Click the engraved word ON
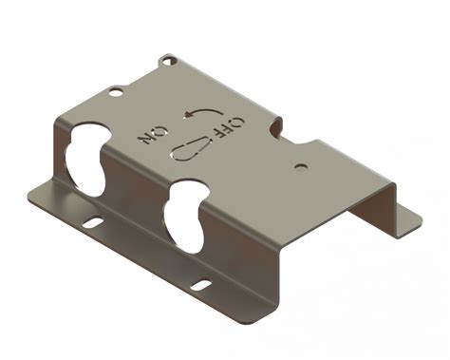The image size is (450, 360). tap(153, 135)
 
